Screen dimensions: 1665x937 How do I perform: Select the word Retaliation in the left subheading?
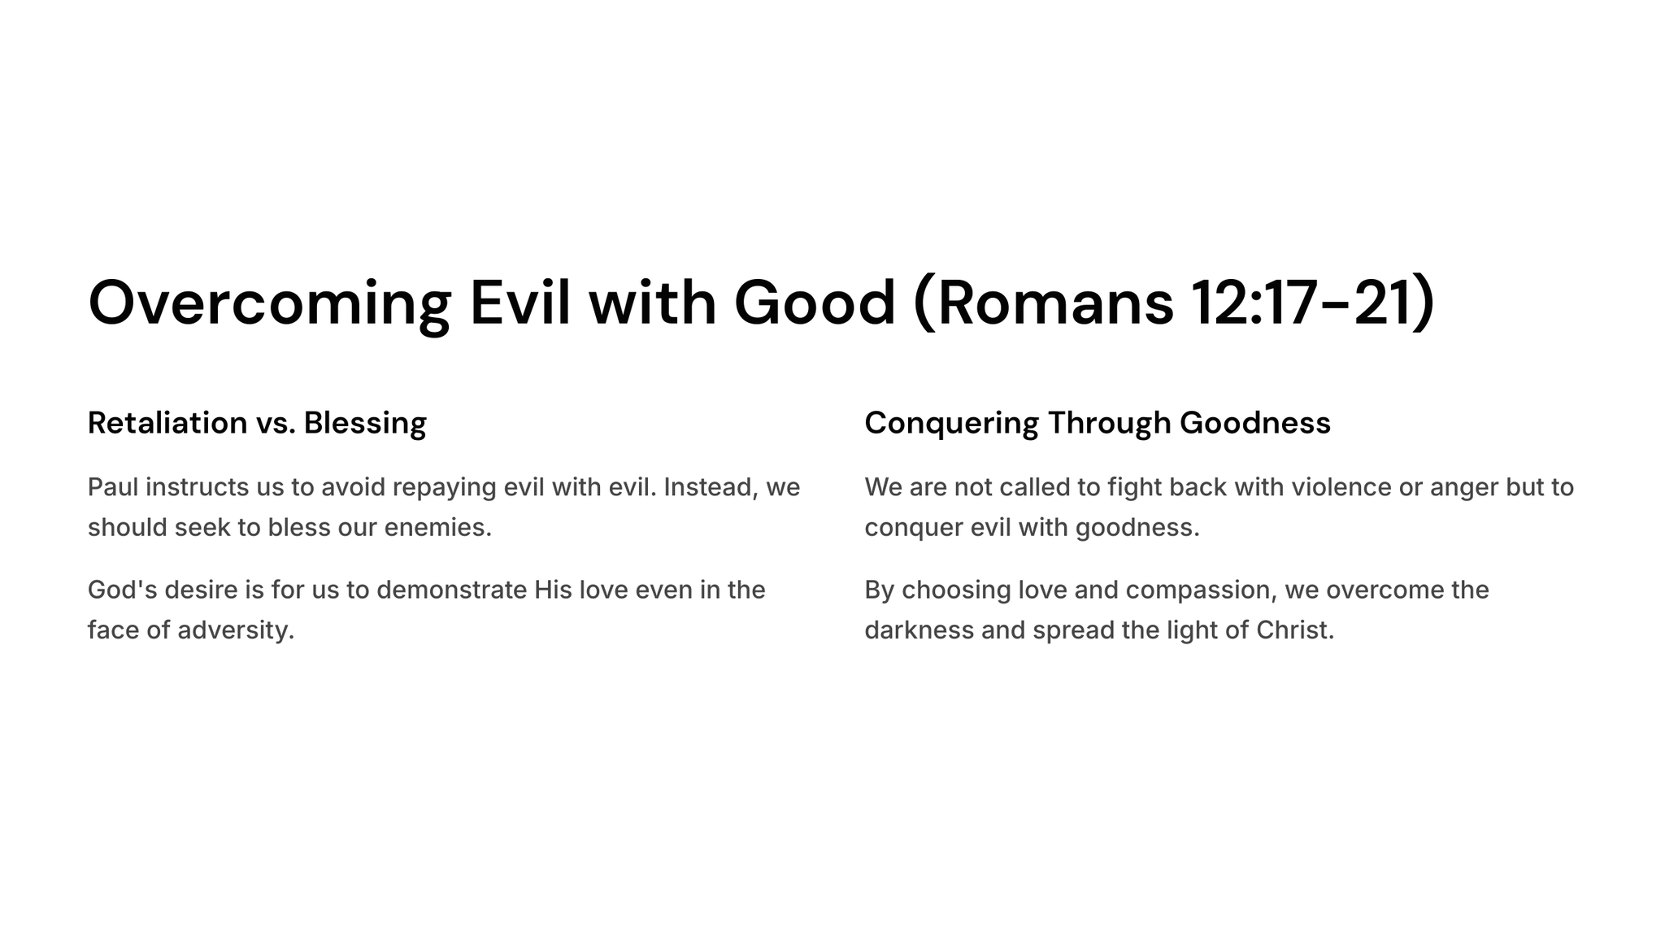167,423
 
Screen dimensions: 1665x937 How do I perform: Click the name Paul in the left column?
113,487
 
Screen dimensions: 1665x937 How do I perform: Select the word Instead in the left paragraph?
711,488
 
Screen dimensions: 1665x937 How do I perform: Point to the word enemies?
437,528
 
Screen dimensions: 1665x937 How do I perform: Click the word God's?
122,590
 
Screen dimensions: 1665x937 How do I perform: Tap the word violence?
1341,487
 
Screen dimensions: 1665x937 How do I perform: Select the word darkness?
919,630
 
